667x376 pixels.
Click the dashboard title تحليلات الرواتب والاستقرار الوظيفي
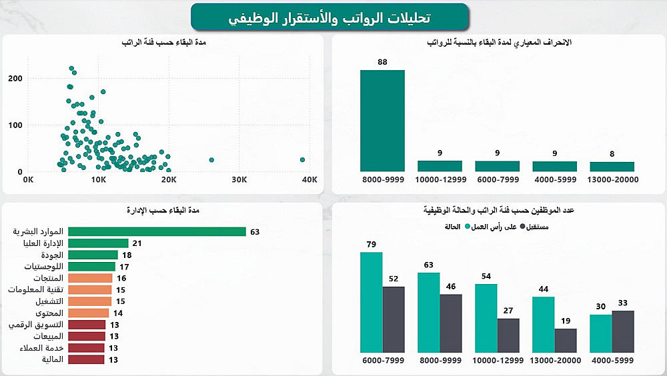coord(329,17)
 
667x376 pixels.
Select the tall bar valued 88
coord(382,120)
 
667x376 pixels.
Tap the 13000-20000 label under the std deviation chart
coord(612,180)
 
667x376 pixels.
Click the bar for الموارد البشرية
coord(157,232)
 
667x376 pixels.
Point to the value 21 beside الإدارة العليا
coord(137,243)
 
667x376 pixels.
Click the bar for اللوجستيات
coord(92,267)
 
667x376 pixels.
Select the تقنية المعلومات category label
coord(36,290)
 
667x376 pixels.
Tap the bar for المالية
coord(86,359)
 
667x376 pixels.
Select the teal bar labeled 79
coord(372,302)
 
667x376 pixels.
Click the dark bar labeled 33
coord(623,331)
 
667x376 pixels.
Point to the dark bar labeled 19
coord(566,340)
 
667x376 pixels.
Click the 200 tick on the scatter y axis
coord(15,79)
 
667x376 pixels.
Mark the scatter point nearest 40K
coord(302,160)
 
